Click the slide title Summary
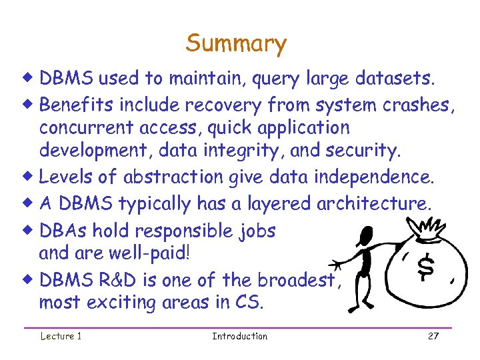[236, 44]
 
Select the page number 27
[433, 336]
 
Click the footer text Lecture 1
[61, 336]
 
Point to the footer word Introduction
[239, 336]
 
